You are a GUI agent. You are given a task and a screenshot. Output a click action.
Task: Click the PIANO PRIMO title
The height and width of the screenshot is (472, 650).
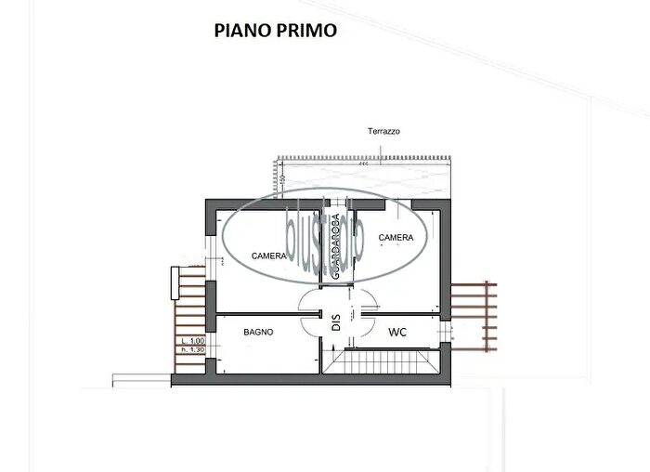pos(275,30)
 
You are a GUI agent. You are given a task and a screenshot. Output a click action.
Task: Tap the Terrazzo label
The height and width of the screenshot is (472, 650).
pos(383,132)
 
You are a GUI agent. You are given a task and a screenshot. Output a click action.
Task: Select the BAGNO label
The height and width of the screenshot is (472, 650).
pos(258,332)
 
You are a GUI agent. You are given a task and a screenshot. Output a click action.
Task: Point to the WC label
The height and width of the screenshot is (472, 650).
pos(397,332)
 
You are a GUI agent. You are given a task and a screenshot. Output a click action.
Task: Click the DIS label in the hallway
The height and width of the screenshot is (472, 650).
pos(337,321)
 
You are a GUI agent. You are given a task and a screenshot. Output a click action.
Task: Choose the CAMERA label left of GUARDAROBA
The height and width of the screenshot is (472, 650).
pos(269,255)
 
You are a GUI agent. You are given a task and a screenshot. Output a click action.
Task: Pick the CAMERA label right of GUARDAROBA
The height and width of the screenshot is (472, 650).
pos(396,238)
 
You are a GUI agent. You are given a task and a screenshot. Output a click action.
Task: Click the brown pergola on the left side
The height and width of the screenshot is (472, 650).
pos(188,312)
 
